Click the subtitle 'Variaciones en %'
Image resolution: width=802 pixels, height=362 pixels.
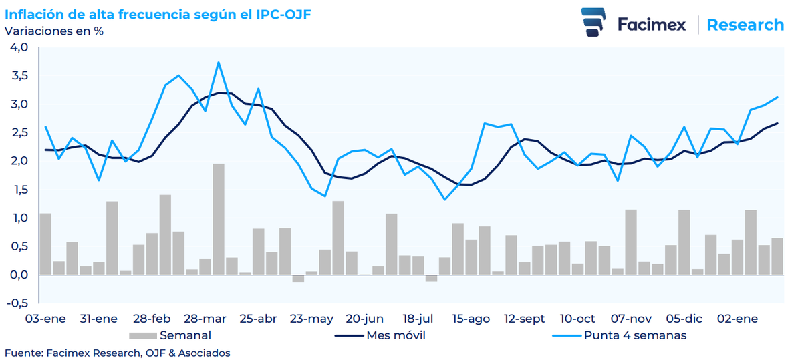coord(54,31)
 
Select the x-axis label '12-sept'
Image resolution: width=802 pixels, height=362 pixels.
coord(524,319)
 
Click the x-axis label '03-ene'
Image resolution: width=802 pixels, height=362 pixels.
coord(45,319)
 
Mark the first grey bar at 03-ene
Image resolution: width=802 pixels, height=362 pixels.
coord(45,244)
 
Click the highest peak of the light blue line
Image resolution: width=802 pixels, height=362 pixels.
coord(219,63)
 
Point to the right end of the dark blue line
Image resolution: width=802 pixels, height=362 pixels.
coord(777,123)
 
